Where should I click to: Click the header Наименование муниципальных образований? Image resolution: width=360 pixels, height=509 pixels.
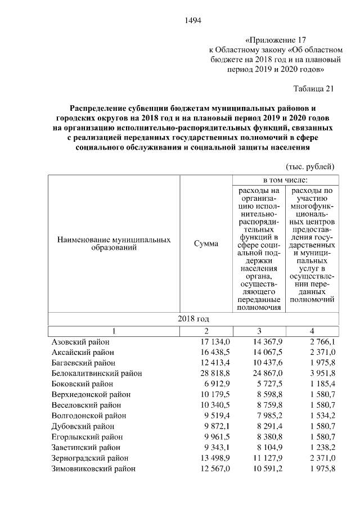coord(114,244)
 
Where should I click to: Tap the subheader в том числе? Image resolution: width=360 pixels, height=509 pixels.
coord(285,180)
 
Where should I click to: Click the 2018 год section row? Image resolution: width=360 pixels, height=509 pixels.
coord(193,319)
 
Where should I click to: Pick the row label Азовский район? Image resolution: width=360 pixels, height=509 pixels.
coord(80,341)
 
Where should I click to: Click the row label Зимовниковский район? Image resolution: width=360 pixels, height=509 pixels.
coord(93,469)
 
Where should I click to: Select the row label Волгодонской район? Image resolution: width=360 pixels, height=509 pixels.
coord(89,416)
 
